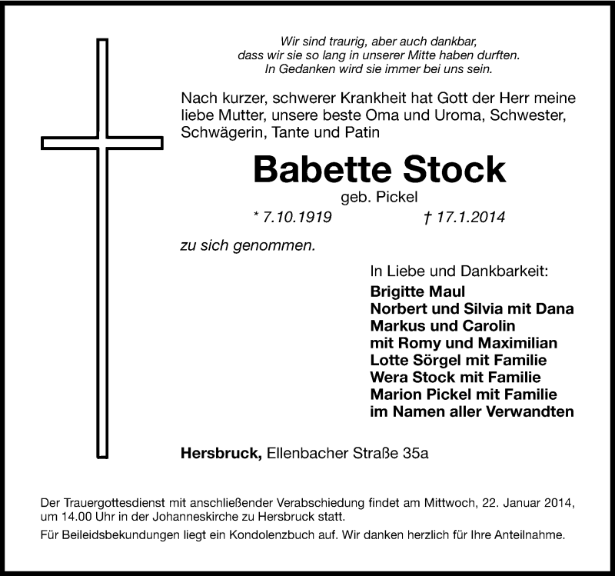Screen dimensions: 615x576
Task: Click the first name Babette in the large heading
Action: [322, 169]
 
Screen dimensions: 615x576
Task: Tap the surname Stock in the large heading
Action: [454, 169]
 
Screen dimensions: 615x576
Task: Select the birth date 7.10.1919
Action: [297, 217]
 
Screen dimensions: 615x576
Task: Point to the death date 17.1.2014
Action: [470, 217]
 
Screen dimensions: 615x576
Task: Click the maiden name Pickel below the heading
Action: [397, 197]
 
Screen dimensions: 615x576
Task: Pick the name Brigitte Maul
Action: [417, 291]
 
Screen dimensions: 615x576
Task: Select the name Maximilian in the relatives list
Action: [517, 343]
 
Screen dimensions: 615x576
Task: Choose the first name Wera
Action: [389, 377]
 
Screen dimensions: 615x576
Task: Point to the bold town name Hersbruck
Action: [221, 453]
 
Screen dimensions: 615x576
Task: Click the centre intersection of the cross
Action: [102, 143]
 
